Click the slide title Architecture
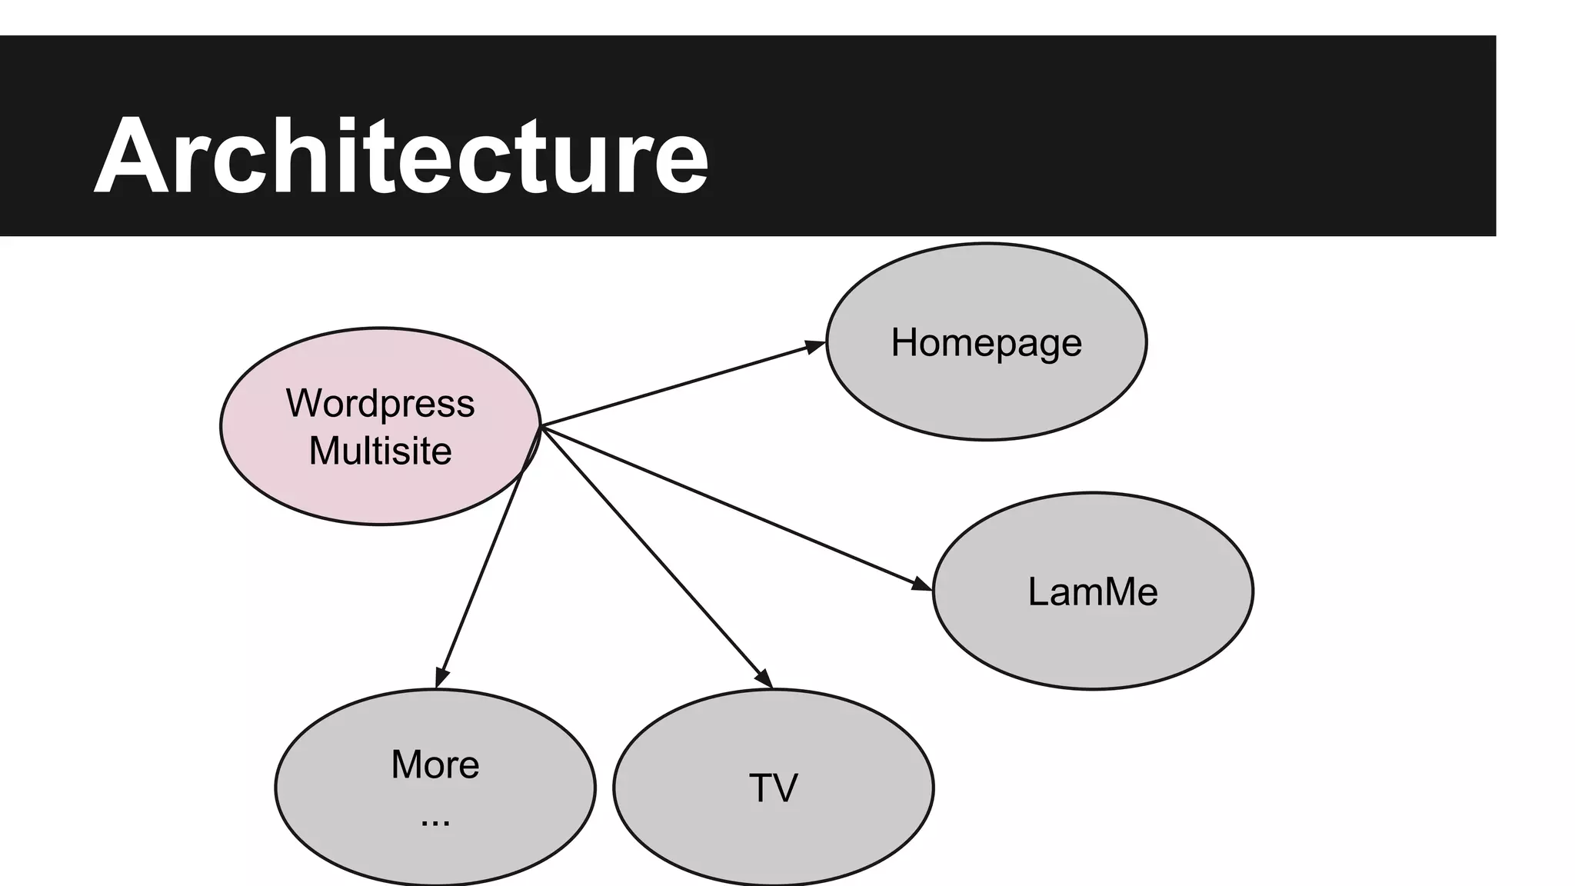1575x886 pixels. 400,156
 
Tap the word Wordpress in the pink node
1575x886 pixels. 380,403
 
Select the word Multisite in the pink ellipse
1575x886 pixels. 380,451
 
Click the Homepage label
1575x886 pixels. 986,342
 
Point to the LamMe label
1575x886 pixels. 1092,592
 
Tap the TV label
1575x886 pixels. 773,788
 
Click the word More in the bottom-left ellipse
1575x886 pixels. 435,764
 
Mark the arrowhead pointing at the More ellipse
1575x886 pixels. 441,678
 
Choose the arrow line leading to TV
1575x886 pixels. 654,555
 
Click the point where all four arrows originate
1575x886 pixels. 541,426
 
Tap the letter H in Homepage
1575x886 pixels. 904,342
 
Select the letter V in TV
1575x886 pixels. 785,788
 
